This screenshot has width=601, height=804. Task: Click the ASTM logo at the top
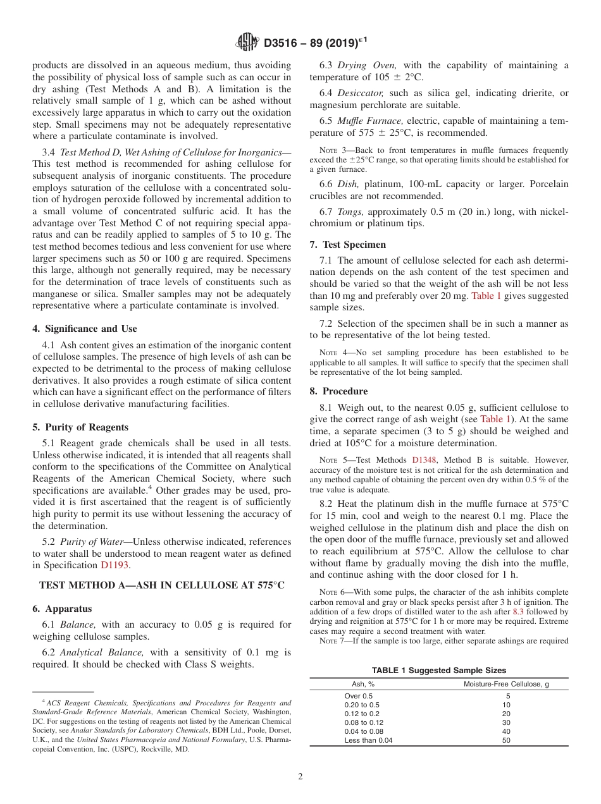[x=247, y=42]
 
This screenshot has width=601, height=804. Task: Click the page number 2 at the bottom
[x=300, y=777]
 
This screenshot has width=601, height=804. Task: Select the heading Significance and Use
[x=85, y=329]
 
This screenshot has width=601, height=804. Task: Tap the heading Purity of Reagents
[x=81, y=427]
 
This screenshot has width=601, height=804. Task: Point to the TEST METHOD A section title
[x=162, y=585]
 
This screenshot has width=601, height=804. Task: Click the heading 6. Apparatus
[x=62, y=609]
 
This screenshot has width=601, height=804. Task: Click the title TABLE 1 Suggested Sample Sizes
[x=438, y=671]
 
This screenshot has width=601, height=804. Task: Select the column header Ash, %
[x=363, y=684]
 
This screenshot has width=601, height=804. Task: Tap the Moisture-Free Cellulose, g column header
[x=505, y=684]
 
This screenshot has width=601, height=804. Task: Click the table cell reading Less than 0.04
[x=368, y=740]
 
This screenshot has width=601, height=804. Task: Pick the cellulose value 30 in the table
[x=505, y=722]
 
